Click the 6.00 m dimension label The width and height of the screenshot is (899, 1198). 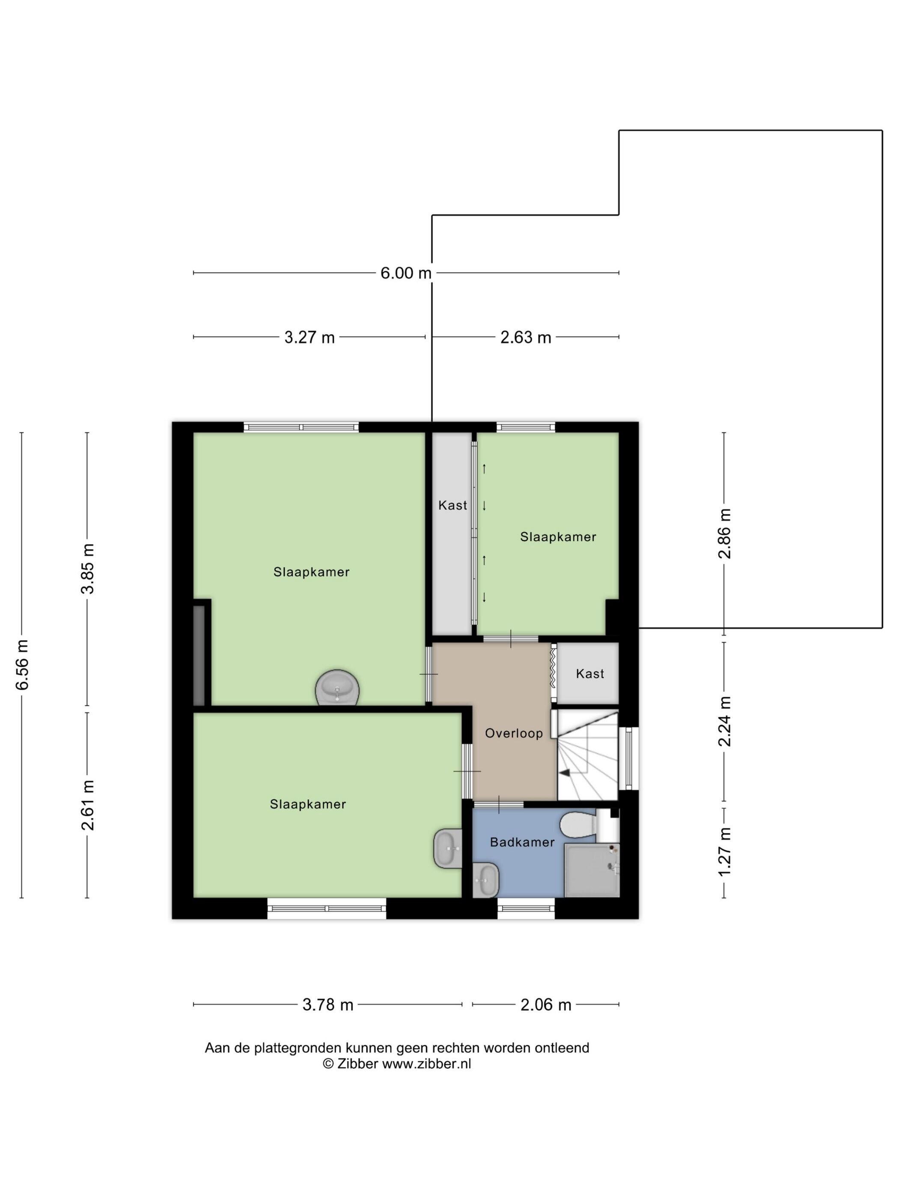[x=406, y=273]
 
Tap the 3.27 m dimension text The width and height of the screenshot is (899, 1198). [x=310, y=338]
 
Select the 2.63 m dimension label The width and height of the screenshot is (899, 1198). [x=526, y=338]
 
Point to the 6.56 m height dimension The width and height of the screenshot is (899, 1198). [x=22, y=664]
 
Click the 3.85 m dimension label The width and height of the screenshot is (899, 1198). [x=87, y=569]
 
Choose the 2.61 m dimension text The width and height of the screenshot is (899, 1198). [x=87, y=805]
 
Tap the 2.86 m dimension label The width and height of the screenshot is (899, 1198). [x=724, y=534]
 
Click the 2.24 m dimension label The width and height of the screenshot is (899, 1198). [x=724, y=721]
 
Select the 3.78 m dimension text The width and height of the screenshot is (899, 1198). [x=328, y=1005]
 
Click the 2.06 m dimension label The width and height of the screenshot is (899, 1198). [x=546, y=1005]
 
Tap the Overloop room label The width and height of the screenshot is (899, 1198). [x=514, y=733]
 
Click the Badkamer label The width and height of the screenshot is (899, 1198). [x=522, y=842]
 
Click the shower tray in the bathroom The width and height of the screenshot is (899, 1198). [x=592, y=870]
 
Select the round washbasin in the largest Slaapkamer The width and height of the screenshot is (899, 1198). [x=337, y=688]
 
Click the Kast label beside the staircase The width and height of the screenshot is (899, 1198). [x=589, y=674]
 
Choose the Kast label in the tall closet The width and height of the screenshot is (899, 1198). [x=452, y=505]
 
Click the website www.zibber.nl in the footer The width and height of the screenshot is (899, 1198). [x=426, y=1064]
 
